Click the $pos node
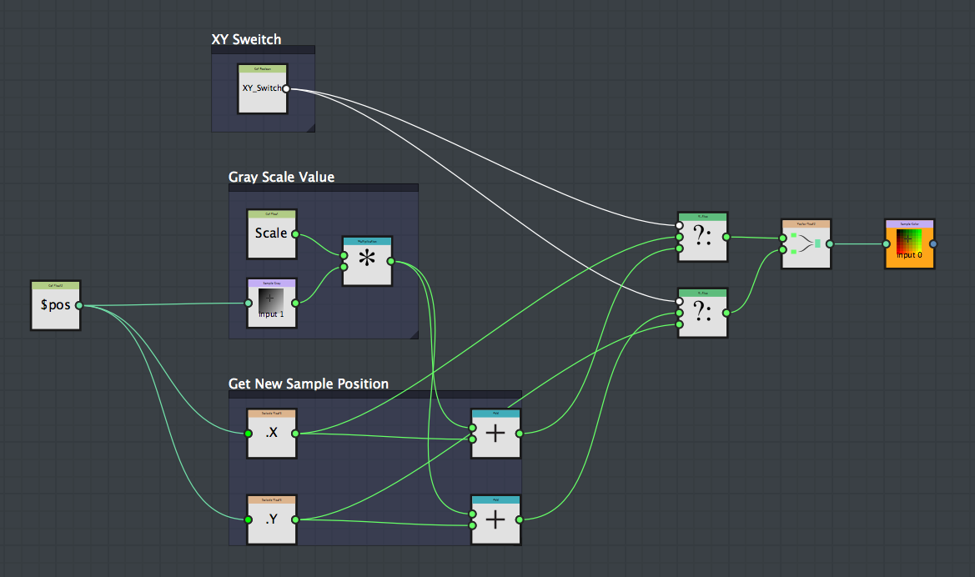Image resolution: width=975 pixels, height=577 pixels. tap(55, 305)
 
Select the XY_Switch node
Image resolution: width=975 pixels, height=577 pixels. tap(262, 89)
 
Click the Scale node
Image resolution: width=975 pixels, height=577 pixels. tap(271, 234)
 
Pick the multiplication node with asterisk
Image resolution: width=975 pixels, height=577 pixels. tap(366, 261)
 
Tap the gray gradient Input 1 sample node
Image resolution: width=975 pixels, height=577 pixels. tap(271, 304)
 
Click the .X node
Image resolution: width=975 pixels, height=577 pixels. tap(271, 434)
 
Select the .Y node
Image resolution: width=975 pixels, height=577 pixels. tap(271, 520)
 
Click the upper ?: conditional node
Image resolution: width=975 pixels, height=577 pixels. tap(702, 238)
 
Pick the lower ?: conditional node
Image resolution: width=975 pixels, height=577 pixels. tap(702, 314)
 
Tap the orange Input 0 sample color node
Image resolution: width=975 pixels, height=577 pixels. tap(909, 244)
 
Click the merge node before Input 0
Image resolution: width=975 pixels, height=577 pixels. tap(806, 244)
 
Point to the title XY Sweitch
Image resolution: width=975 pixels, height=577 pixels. tap(246, 39)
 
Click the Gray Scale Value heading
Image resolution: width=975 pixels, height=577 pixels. tap(281, 177)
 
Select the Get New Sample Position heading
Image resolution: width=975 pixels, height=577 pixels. tap(308, 384)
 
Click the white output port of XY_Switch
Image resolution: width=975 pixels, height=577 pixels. tap(286, 88)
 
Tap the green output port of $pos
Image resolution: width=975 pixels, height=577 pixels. tap(79, 305)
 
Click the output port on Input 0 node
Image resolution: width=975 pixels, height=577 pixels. tap(933, 243)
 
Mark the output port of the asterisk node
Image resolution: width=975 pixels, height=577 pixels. tap(390, 262)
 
